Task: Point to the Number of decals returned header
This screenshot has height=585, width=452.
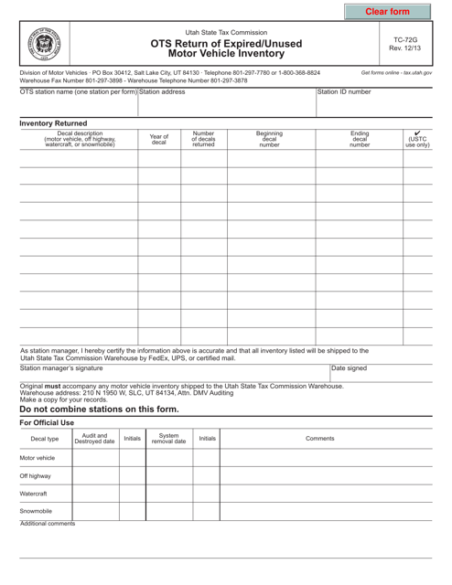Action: coord(203,140)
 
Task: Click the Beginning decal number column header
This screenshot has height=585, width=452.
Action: coord(270,140)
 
